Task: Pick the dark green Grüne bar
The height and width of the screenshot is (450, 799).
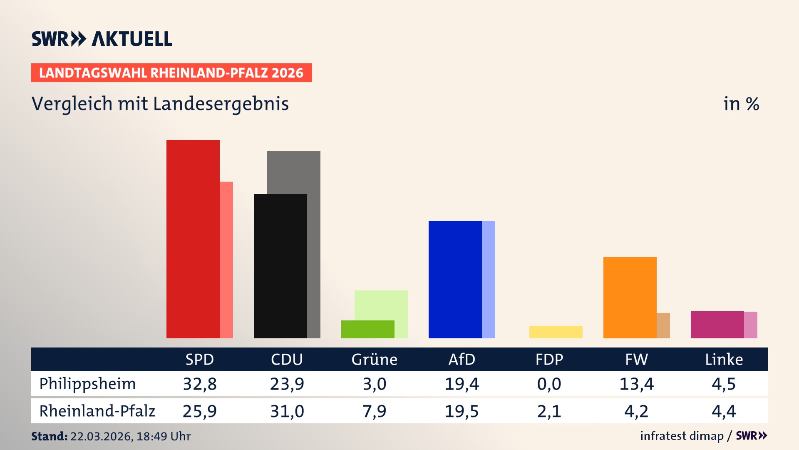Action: pyautogui.click(x=367, y=329)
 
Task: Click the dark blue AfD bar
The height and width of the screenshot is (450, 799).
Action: pyautogui.click(x=455, y=279)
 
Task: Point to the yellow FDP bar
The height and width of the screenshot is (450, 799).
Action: pyautogui.click(x=556, y=332)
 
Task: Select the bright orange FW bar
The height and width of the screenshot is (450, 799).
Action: pyautogui.click(x=630, y=297)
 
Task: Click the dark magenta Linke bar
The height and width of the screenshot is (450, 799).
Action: pyautogui.click(x=717, y=325)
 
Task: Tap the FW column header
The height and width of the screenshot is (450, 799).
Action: pyautogui.click(x=636, y=360)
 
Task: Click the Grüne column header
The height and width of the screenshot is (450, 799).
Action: pyautogui.click(x=374, y=360)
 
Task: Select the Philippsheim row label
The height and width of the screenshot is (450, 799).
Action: pyautogui.click(x=87, y=384)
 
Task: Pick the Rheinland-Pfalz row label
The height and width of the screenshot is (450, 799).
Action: pyautogui.click(x=97, y=411)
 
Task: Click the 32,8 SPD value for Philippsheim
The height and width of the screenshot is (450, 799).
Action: pyautogui.click(x=200, y=384)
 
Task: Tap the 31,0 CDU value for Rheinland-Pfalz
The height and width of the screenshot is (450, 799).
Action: pyautogui.click(x=287, y=411)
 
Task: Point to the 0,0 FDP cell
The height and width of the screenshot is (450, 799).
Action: pyautogui.click(x=549, y=384)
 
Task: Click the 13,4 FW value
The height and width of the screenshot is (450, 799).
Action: pyautogui.click(x=636, y=384)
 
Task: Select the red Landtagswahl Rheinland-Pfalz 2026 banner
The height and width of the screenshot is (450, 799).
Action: pyautogui.click(x=171, y=73)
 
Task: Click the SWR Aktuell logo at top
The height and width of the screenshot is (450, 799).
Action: pyautogui.click(x=102, y=39)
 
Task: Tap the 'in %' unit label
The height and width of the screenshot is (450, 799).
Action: pyautogui.click(x=741, y=104)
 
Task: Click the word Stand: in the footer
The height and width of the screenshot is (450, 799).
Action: pyautogui.click(x=49, y=436)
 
